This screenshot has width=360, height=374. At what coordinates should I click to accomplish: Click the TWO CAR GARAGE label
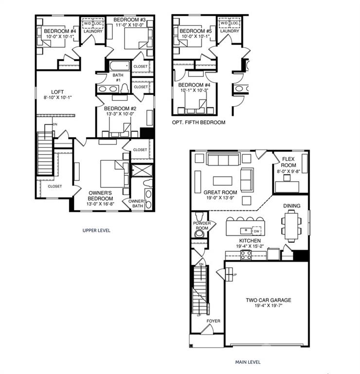268,300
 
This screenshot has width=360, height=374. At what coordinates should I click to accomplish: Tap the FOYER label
213,321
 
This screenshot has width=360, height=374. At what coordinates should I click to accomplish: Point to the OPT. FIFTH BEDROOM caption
198,122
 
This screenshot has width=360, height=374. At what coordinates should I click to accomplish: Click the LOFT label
58,91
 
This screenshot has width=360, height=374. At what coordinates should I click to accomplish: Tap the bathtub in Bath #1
119,65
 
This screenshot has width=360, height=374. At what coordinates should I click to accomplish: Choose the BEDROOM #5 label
192,31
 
